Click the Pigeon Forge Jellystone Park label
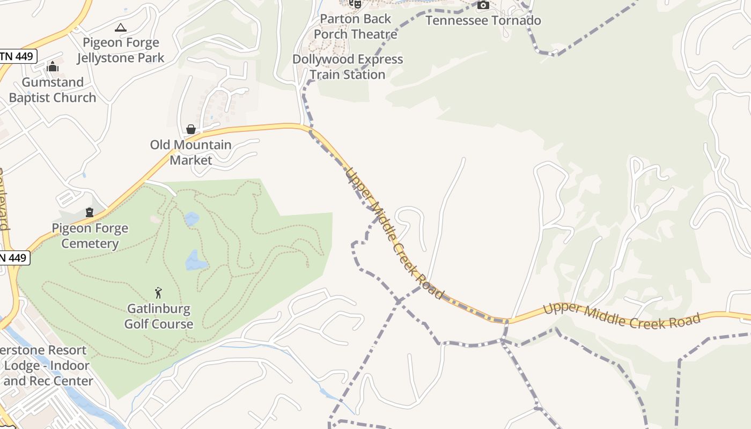121,50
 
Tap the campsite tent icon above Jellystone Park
121,27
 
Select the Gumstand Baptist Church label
53,90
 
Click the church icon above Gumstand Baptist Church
53,66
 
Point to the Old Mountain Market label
190,152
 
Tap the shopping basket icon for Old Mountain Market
190,129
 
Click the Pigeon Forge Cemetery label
90,235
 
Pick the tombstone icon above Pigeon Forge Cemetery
90,212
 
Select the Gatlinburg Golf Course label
159,316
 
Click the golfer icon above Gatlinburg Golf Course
158,293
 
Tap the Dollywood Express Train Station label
348,66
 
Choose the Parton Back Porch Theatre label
356,26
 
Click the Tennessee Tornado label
483,20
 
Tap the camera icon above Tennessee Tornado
483,5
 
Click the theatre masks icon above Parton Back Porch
355,4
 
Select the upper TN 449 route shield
18,56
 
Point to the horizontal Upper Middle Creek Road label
622,316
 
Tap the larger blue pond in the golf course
196,261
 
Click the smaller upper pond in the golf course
192,219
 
